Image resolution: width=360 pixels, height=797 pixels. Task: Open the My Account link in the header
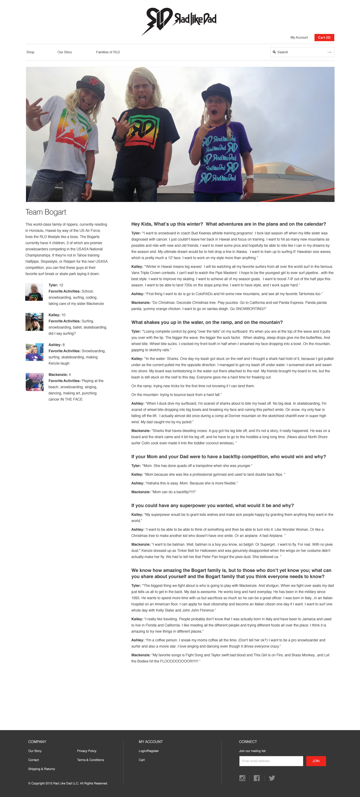coord(299,38)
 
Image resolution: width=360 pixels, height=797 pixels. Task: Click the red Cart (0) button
coord(324,38)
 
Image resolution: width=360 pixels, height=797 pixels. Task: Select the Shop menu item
coord(30,52)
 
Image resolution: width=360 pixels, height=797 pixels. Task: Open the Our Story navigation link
coord(65,52)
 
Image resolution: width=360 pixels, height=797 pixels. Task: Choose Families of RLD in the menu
coord(108,52)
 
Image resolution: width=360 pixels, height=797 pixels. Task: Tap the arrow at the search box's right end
coord(329,52)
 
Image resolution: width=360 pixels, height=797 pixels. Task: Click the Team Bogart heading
coord(46,212)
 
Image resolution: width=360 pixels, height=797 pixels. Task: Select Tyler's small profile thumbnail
coord(34,292)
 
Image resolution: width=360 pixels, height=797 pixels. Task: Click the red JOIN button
coord(316,761)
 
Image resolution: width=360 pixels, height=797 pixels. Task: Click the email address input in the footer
coord(271,761)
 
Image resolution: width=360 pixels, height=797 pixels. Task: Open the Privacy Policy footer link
coord(87,751)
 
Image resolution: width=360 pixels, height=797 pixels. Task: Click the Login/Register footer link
coord(148,751)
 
